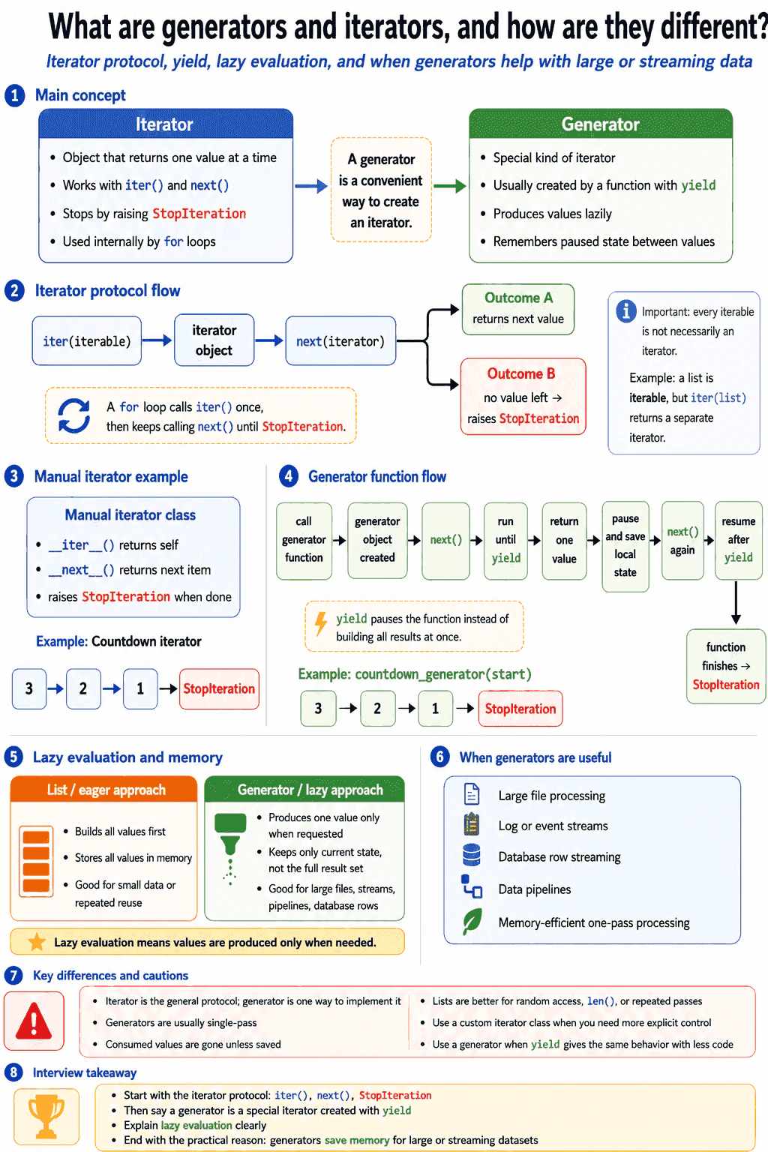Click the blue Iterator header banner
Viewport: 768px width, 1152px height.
click(166, 124)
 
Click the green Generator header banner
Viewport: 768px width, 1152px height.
click(600, 124)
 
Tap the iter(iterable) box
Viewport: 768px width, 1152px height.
click(87, 341)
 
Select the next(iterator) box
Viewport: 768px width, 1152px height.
click(340, 341)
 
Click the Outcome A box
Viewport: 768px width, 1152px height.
click(518, 309)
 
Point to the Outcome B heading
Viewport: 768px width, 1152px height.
click(521, 373)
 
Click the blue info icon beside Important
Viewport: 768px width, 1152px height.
click(626, 311)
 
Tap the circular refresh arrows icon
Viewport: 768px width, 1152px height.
click(74, 415)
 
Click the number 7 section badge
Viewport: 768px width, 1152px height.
click(13, 975)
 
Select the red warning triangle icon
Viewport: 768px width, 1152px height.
click(34, 1020)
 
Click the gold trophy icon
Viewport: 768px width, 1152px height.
click(46, 1116)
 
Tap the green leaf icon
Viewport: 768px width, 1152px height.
click(472, 921)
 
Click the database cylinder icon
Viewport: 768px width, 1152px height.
click(472, 855)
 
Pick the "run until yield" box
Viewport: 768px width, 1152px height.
click(505, 541)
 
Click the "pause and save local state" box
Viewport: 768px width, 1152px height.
click(625, 546)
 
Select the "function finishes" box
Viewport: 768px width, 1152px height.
click(726, 666)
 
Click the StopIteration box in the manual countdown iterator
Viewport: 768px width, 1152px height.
click(219, 688)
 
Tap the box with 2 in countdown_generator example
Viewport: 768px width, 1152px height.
click(377, 709)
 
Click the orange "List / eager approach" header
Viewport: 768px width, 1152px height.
click(104, 790)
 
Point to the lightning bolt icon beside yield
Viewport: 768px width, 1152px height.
click(321, 624)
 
